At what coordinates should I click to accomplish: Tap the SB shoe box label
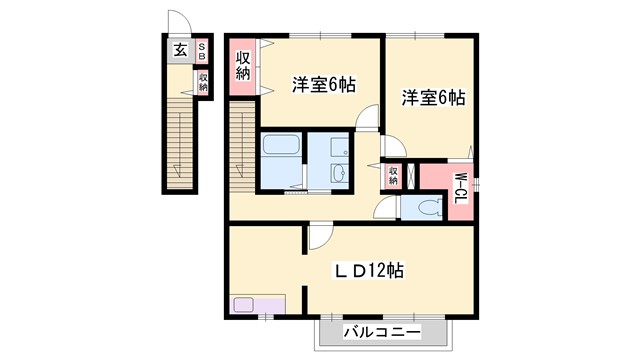pyautogui.click(x=202, y=49)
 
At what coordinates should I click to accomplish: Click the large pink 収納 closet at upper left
pyautogui.click(x=243, y=66)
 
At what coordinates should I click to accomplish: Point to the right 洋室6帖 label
pyautogui.click(x=433, y=98)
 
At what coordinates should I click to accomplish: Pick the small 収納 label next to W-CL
pyautogui.click(x=393, y=176)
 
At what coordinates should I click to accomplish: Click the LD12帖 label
pyautogui.click(x=367, y=270)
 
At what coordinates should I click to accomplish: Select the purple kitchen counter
pyautogui.click(x=257, y=304)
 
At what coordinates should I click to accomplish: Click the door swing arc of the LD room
pyautogui.click(x=318, y=238)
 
